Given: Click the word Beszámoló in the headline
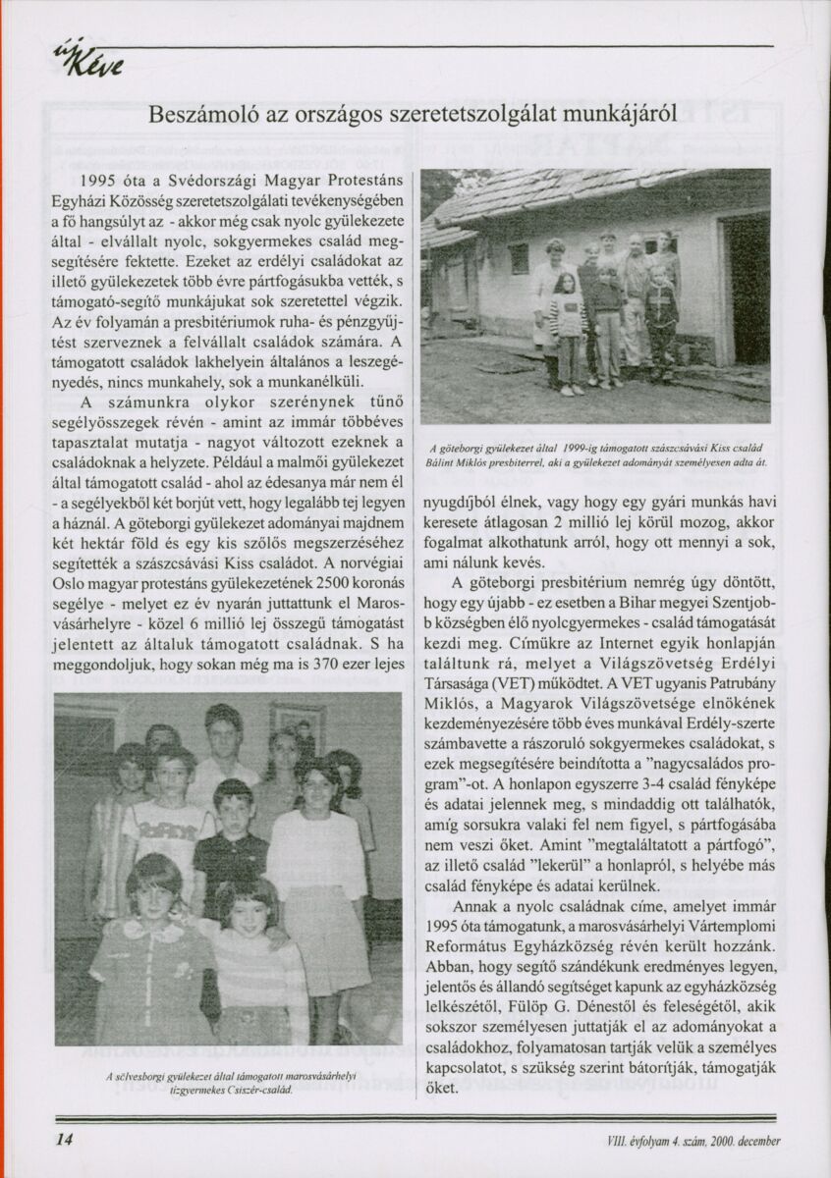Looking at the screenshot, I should click(x=196, y=114).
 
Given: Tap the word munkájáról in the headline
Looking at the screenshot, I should click(x=624, y=114).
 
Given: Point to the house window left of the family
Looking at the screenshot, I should click(x=519, y=257).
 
